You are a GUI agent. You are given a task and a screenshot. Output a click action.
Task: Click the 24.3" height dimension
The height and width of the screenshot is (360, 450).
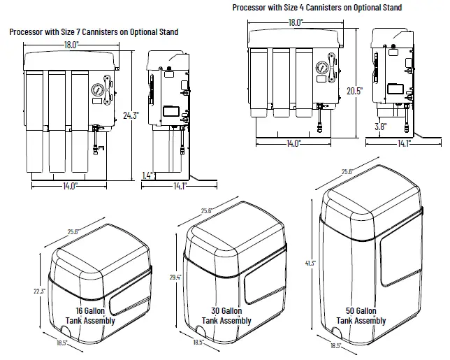tap(131, 115)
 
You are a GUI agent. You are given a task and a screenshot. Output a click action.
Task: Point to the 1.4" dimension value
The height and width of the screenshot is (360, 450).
tap(147, 175)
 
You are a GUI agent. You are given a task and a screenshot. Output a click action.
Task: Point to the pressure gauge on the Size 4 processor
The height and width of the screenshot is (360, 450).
tap(321, 70)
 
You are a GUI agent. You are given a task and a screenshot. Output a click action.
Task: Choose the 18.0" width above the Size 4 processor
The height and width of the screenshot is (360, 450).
tap(296, 22)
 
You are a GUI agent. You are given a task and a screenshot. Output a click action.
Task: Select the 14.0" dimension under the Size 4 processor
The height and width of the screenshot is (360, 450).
tap(293, 143)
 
